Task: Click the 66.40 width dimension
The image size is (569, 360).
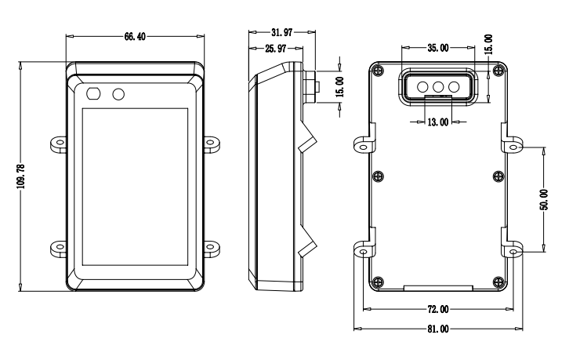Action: (x=135, y=37)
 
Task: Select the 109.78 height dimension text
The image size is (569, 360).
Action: (x=21, y=176)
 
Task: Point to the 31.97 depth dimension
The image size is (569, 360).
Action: (x=282, y=33)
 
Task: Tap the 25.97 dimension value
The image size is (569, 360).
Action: (x=275, y=49)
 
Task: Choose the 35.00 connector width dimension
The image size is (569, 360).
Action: (x=438, y=48)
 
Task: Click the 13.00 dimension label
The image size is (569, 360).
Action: (x=438, y=122)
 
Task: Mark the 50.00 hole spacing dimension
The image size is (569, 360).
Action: (x=544, y=199)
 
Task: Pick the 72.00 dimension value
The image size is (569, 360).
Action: (x=438, y=310)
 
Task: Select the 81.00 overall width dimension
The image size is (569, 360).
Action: (x=438, y=329)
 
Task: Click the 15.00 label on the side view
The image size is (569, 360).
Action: (x=340, y=87)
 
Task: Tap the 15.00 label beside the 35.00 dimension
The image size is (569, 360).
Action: (x=489, y=45)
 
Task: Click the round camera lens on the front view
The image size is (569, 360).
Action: (x=118, y=94)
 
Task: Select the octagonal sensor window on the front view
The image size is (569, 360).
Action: (x=93, y=93)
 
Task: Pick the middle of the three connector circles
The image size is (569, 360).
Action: (x=438, y=87)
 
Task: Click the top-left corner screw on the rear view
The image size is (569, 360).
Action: (x=379, y=70)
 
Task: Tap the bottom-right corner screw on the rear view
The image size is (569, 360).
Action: (x=499, y=282)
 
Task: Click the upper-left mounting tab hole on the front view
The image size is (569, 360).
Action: (x=60, y=142)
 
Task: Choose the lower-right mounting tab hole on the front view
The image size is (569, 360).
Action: (x=210, y=247)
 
